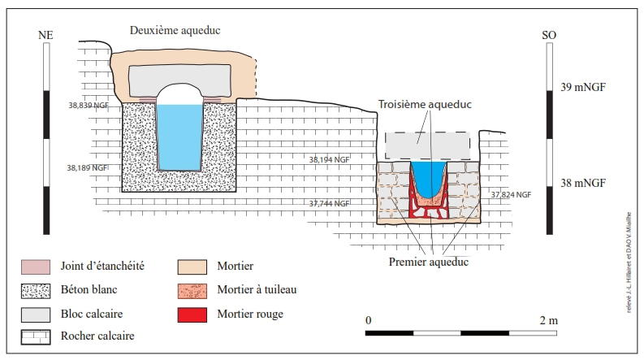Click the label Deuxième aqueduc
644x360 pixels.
point(175,30)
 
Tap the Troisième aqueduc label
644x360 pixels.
point(425,105)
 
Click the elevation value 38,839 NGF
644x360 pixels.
point(89,105)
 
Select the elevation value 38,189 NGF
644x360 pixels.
point(88,167)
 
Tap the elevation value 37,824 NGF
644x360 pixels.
point(512,195)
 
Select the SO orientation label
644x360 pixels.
point(549,35)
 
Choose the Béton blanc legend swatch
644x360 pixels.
point(35,289)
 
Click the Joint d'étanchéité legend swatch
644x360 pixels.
point(35,266)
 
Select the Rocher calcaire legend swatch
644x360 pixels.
point(35,335)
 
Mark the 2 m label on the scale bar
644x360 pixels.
point(549,320)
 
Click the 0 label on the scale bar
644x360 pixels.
point(368,320)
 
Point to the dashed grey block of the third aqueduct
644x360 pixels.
point(428,145)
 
